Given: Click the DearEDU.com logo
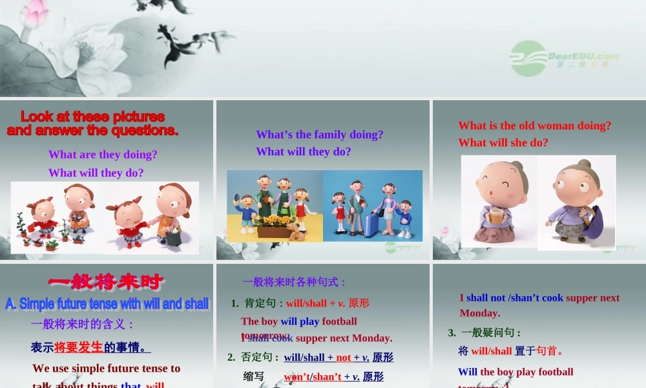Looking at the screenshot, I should pos(564,58).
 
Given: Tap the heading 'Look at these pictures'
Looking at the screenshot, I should pos(92,117).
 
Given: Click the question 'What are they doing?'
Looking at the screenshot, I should pos(103,155).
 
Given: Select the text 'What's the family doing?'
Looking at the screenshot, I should pos(320,135).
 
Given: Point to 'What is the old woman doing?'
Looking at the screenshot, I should pos(534,125).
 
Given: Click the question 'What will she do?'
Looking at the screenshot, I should pos(503,142).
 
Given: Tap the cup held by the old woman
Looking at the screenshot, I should pos(495,214).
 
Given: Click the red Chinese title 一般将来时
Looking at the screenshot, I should pos(106,282).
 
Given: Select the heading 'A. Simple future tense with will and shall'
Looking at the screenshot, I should pos(107,303).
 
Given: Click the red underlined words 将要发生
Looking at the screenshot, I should pos(78,347).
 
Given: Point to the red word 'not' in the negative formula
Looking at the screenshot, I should pos(344,358).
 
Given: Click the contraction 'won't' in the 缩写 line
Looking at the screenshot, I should pos(297,377).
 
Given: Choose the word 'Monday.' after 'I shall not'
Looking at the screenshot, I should pos(480,313).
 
